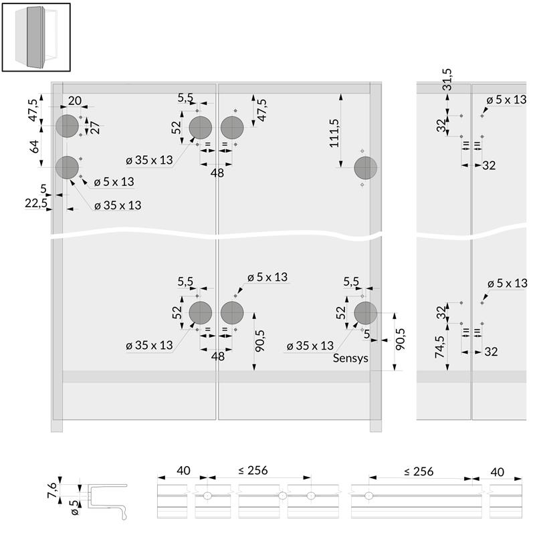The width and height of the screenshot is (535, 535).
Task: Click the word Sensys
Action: point(350,358)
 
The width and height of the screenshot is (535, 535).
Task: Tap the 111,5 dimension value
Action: point(334,133)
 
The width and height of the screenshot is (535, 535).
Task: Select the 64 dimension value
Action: point(35,146)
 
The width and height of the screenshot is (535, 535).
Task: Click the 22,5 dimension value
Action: point(36,203)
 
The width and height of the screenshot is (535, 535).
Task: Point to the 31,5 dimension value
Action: point(447,80)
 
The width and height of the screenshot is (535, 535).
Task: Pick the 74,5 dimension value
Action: point(439,347)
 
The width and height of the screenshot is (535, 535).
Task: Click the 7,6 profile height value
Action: point(53,490)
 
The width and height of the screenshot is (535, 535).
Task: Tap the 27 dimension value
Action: point(95,127)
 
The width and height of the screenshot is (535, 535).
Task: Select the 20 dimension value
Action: point(75,101)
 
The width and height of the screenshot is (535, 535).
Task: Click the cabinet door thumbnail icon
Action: point(36,37)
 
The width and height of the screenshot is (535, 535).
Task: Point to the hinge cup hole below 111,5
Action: point(365,168)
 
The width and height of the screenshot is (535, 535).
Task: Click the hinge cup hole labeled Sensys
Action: point(365,313)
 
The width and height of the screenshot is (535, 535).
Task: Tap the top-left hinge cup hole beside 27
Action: point(68,126)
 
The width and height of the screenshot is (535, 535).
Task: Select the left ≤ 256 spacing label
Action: point(253,470)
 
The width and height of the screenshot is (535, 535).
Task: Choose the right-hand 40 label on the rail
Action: point(497,472)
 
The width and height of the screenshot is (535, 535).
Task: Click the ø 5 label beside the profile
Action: point(75,508)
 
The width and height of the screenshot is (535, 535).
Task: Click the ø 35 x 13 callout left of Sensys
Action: point(310,346)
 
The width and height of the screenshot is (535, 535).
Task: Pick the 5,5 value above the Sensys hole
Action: point(351,282)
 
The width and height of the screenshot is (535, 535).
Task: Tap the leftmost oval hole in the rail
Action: point(207,496)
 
